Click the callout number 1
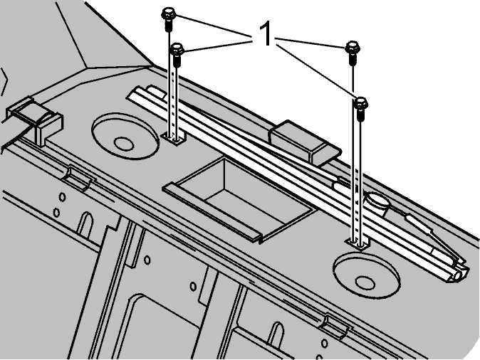pyautogui.click(x=265, y=33)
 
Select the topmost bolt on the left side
pyautogui.click(x=168, y=18)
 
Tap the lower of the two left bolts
pyautogui.click(x=177, y=54)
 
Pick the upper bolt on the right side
pyautogui.click(x=353, y=52)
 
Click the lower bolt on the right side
pyautogui.click(x=361, y=108)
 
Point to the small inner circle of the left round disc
pyautogui.click(x=124, y=144)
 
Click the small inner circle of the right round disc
pyautogui.click(x=365, y=283)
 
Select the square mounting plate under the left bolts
pyautogui.click(x=174, y=139)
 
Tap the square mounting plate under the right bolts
pyautogui.click(x=358, y=243)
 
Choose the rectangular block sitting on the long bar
pyautogui.click(x=304, y=142)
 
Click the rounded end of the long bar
pyautogui.click(x=459, y=272)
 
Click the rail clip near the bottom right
pyautogui.click(x=335, y=326)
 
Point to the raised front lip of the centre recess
pyautogui.click(x=212, y=211)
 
